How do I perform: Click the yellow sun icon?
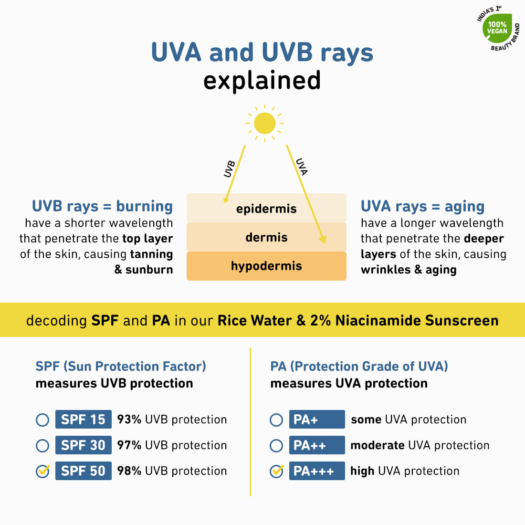tap(264, 123)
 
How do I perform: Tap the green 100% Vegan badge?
tap(497, 28)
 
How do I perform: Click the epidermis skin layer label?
tap(266, 209)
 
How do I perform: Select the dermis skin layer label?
tap(266, 237)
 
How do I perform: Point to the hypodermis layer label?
tap(266, 266)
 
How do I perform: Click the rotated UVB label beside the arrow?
tap(230, 169)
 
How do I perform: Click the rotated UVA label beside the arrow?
tap(302, 167)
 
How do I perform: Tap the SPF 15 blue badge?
tap(84, 419)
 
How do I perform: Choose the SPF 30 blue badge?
tap(84, 445)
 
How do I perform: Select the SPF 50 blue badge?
tap(84, 471)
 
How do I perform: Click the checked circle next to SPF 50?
tap(42, 472)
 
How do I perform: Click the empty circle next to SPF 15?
tap(42, 420)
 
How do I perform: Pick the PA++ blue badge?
tap(317, 445)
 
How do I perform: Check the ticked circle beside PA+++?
tap(276, 472)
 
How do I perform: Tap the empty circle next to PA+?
tap(276, 420)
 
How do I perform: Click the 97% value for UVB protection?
tap(129, 445)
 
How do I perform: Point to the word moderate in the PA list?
tap(378, 445)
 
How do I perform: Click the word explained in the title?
tap(262, 81)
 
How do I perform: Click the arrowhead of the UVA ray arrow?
tap(323, 239)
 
